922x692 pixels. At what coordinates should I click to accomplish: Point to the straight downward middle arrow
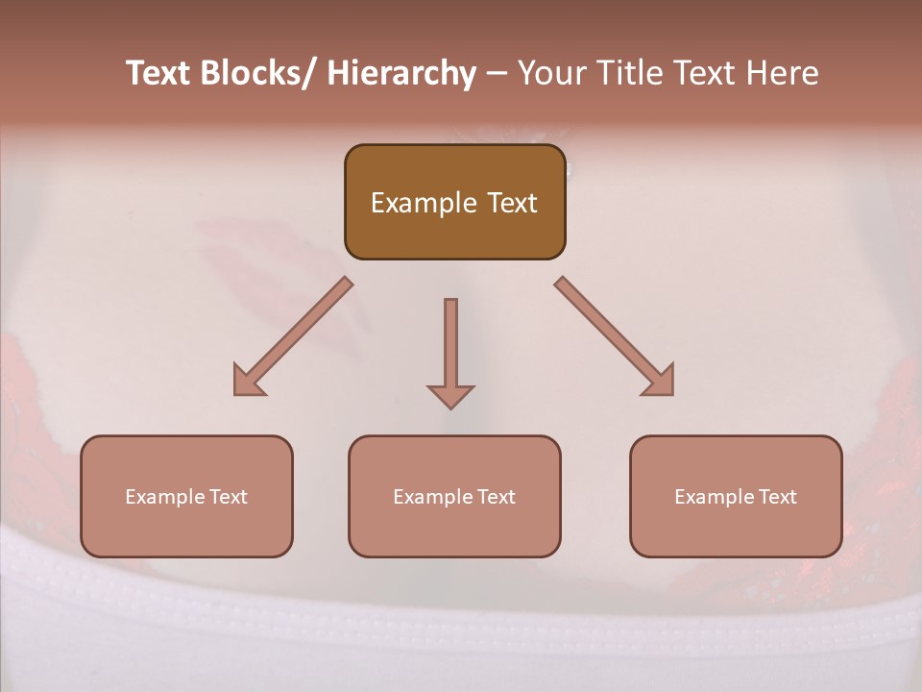(450, 341)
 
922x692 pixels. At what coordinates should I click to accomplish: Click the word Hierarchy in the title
(401, 74)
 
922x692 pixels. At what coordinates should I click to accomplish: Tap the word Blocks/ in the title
(258, 74)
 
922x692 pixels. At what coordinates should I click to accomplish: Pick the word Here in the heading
(779, 74)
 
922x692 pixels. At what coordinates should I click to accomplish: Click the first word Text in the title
(159, 74)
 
